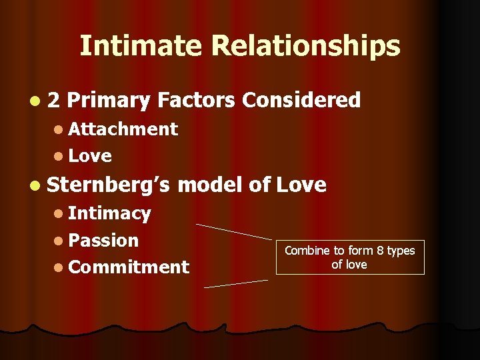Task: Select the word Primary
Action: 109,101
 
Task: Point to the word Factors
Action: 197,100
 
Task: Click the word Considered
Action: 301,100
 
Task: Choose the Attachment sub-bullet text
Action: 123,129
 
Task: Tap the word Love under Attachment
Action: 90,156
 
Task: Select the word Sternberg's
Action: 111,185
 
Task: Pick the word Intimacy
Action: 109,213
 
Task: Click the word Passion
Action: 103,240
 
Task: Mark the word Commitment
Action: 129,267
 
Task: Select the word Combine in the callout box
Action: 307,251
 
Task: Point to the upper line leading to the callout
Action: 234,231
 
